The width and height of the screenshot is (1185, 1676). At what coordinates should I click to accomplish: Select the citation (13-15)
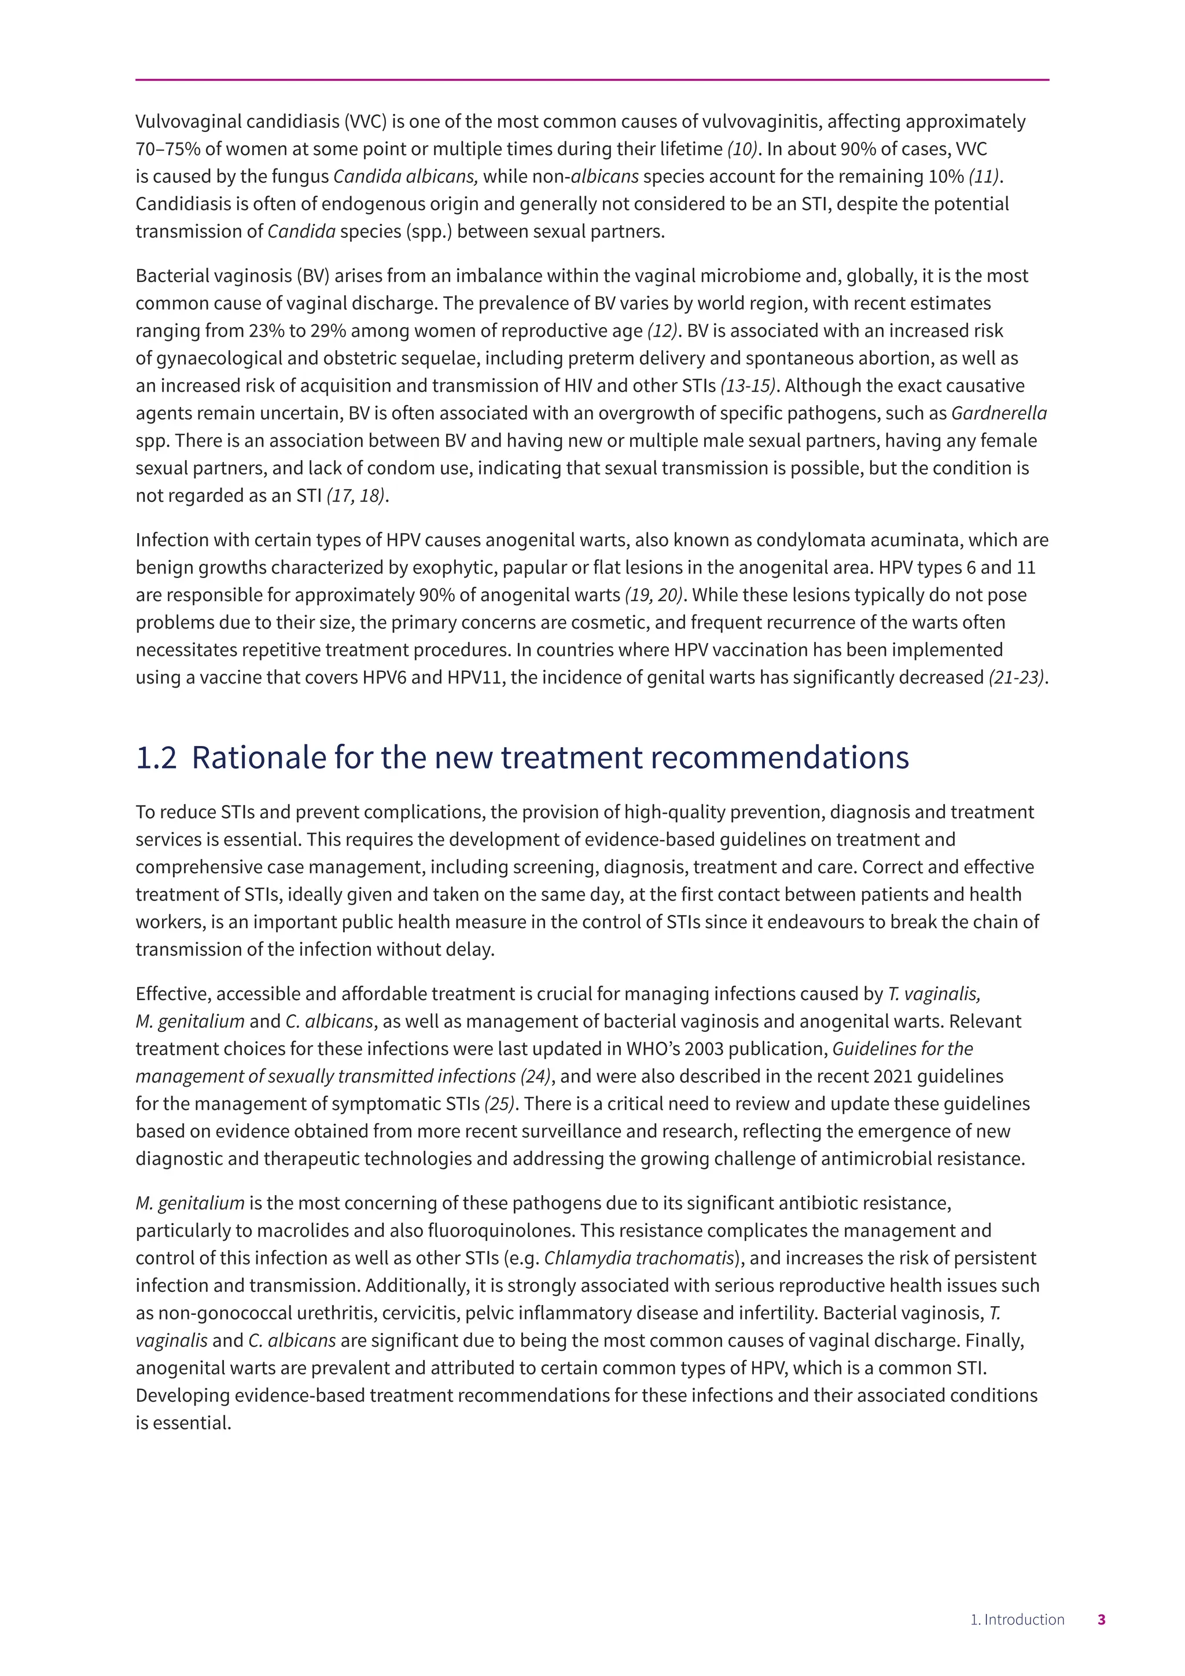point(748,385)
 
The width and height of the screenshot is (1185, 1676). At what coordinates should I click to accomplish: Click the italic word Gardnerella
point(999,413)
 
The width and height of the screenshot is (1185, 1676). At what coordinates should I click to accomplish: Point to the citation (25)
point(500,1104)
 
